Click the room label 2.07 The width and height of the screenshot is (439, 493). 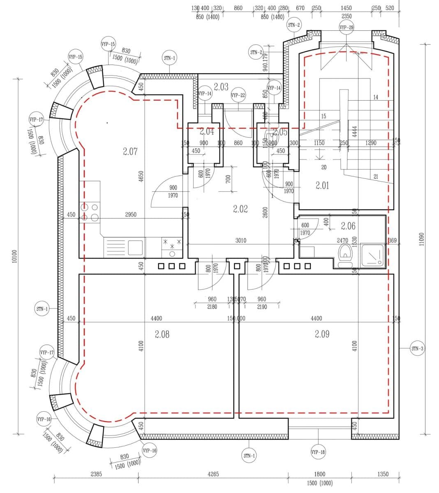point(130,151)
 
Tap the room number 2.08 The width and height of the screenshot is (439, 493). point(162,334)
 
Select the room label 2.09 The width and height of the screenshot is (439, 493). point(322,334)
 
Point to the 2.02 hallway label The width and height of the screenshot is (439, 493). point(240,209)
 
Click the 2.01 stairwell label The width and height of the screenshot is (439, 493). point(322,186)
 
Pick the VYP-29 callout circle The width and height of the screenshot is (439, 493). point(347,28)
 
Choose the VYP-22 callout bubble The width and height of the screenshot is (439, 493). point(238,95)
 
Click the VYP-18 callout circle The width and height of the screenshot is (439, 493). point(318,452)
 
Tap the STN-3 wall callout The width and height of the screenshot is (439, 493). point(417,349)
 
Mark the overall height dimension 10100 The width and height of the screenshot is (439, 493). point(14,257)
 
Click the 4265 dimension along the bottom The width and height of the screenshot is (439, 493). point(213,474)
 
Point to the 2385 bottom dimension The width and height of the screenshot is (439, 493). point(96,474)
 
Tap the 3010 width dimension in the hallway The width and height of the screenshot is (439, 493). point(241,240)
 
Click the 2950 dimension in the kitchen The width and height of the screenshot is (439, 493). point(131,214)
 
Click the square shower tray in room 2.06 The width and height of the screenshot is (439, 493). point(373,255)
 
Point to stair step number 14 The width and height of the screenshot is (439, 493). point(375,97)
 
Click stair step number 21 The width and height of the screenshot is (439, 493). point(376,177)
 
